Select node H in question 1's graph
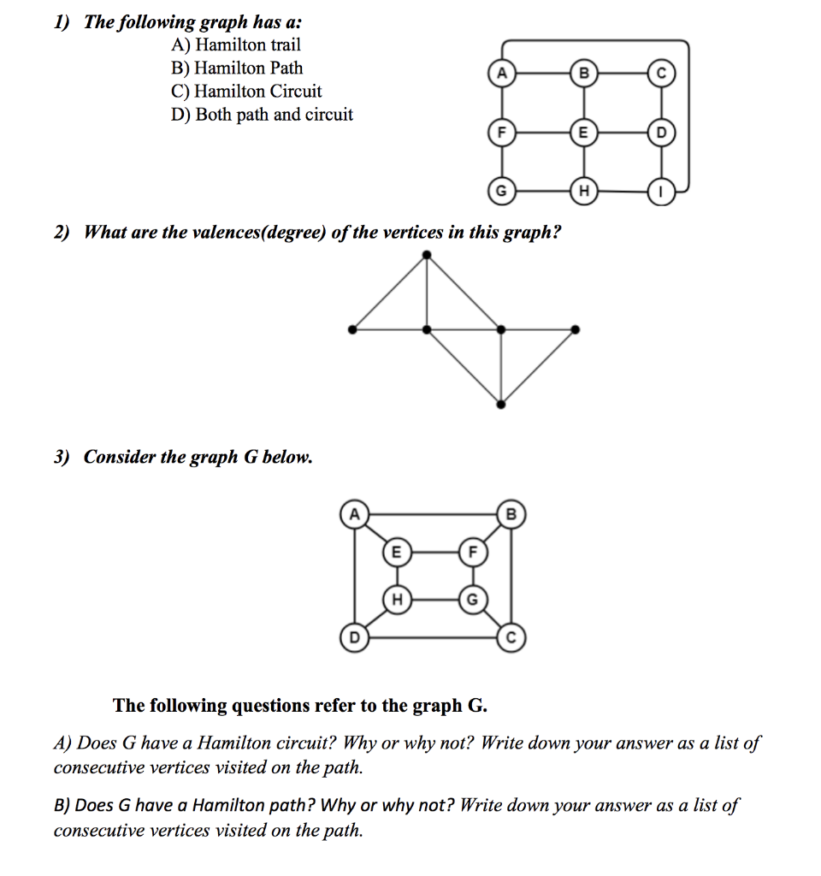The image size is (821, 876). tap(585, 190)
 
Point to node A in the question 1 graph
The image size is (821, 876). tap(501, 74)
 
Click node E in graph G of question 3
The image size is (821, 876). tap(395, 553)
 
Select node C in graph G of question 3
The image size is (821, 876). tap(511, 637)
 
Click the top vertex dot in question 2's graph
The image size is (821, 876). tap(428, 254)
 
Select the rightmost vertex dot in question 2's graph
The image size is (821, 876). tap(576, 328)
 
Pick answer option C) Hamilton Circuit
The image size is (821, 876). tap(246, 92)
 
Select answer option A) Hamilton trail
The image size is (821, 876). tap(236, 45)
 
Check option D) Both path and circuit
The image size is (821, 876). tap(262, 115)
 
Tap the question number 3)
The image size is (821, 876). tap(62, 457)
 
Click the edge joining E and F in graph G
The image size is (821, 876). tap(433, 553)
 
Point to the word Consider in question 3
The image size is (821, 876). tap(117, 457)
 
